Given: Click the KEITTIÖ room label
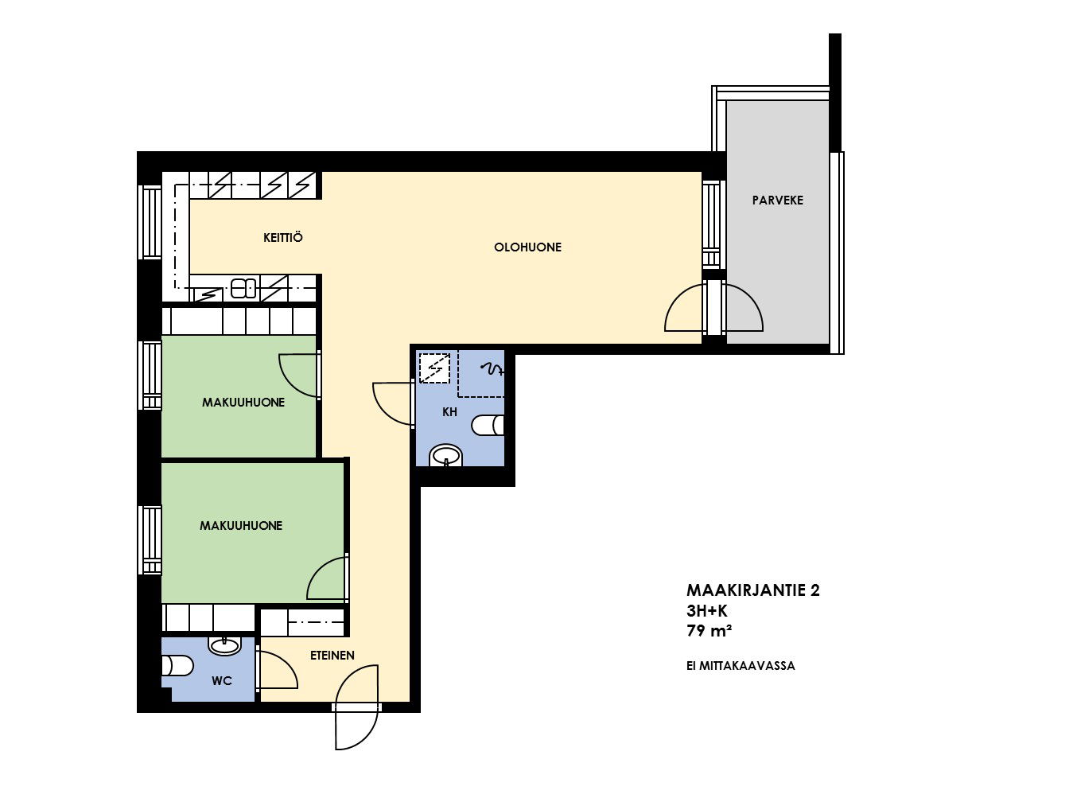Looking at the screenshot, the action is click(x=283, y=238).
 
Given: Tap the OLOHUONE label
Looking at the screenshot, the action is click(x=527, y=247).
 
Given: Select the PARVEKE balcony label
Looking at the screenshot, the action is click(x=777, y=200).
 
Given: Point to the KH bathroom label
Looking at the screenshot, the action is click(x=449, y=412).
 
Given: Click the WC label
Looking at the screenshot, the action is click(x=222, y=681).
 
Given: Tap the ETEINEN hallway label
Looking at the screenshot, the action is click(x=332, y=656).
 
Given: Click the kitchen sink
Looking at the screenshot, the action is click(x=243, y=288).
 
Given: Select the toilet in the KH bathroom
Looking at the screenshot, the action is click(x=488, y=425).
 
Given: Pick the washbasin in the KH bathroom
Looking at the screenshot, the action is click(x=445, y=456).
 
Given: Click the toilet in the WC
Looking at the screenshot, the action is click(x=177, y=665).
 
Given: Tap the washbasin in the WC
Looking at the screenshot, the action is click(x=224, y=646).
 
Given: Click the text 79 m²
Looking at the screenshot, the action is click(x=709, y=631).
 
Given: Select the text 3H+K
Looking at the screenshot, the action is click(x=706, y=610).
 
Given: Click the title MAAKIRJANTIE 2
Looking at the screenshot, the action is click(x=753, y=590).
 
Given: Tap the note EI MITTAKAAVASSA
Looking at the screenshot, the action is click(x=741, y=666).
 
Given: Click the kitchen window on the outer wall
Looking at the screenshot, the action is click(x=150, y=222).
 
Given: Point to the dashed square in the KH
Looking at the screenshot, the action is click(x=434, y=368).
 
